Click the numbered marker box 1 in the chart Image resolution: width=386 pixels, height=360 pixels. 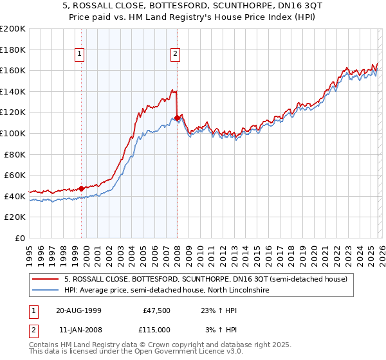79,55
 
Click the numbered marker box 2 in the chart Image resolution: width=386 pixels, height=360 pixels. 175,55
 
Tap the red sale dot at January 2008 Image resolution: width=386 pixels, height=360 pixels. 177,118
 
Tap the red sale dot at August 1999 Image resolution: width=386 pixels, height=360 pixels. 81,188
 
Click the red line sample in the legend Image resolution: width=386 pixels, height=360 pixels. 46,279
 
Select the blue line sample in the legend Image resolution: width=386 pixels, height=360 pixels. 46,291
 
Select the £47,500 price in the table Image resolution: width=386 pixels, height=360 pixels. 156,310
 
